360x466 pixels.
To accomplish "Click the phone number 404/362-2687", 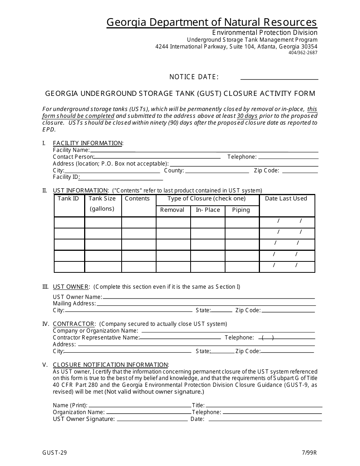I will point(303,53).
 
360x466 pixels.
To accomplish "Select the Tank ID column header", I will point(69,199).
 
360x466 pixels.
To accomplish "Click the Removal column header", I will point(172,210).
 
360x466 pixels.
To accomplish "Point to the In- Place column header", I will point(208,210).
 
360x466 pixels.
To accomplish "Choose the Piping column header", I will point(241,210).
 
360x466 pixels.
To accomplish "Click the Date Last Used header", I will point(286,199).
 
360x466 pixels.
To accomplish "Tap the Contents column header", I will point(137,199).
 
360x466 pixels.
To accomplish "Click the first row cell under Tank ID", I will point(69,222).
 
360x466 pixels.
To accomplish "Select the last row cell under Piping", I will point(242,267).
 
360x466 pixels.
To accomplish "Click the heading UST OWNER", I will point(71,287).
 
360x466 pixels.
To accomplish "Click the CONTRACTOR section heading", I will point(74,324).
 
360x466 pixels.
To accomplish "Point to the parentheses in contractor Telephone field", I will point(268,338).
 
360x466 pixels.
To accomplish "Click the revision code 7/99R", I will point(310,452).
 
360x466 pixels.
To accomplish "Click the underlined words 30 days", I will point(247,116).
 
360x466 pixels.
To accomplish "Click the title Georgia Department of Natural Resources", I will point(212,22).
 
